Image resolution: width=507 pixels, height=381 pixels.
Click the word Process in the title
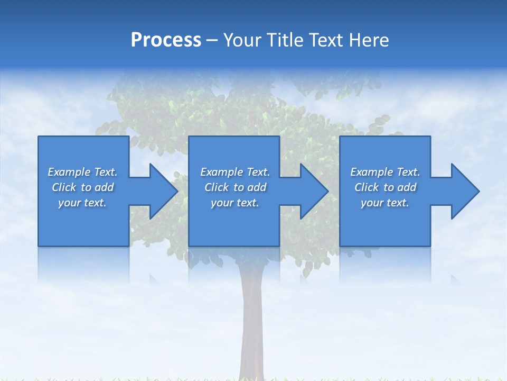[166, 40]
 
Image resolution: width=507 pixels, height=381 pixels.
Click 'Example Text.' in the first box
[82, 172]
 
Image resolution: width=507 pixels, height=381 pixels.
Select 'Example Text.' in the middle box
[235, 172]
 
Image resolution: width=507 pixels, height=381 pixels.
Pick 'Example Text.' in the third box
[385, 172]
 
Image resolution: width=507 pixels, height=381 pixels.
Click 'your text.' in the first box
[82, 203]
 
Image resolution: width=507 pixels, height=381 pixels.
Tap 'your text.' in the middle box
[235, 203]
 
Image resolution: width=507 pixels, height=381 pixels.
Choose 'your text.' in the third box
[385, 203]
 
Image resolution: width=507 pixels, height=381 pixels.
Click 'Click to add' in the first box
[82, 187]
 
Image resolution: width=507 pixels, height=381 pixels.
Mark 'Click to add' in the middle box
[235, 187]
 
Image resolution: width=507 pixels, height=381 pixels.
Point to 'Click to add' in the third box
[385, 187]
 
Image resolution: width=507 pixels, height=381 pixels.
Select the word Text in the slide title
[327, 40]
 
